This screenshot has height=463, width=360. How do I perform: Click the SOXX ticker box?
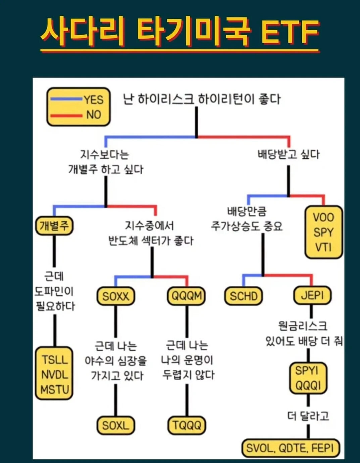tap(116, 296)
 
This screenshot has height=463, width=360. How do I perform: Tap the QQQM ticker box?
tap(187, 296)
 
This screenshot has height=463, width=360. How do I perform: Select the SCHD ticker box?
tap(244, 296)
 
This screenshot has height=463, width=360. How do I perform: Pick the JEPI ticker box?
tap(312, 295)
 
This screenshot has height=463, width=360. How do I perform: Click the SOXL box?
tap(116, 425)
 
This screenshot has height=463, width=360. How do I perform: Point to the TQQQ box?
tap(187, 425)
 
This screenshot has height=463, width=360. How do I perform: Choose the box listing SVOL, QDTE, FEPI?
tap(290, 448)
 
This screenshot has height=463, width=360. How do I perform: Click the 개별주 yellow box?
tap(54, 225)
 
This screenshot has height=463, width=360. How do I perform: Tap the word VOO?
tap(323, 217)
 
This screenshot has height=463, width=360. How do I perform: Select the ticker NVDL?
tap(54, 374)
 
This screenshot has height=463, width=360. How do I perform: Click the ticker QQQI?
tap(308, 385)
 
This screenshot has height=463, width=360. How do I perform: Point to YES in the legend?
tap(93, 100)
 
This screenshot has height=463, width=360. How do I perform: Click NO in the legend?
tap(93, 115)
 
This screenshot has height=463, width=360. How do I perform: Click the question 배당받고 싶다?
tap(289, 155)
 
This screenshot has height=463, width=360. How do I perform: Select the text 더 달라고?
tap(308, 416)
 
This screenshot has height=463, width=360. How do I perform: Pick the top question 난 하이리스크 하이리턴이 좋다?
tap(202, 99)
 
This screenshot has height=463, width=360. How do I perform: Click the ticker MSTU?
tap(54, 390)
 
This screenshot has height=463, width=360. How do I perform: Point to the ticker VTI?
tap(323, 247)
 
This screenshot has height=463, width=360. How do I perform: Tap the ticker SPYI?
tap(307, 371)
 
